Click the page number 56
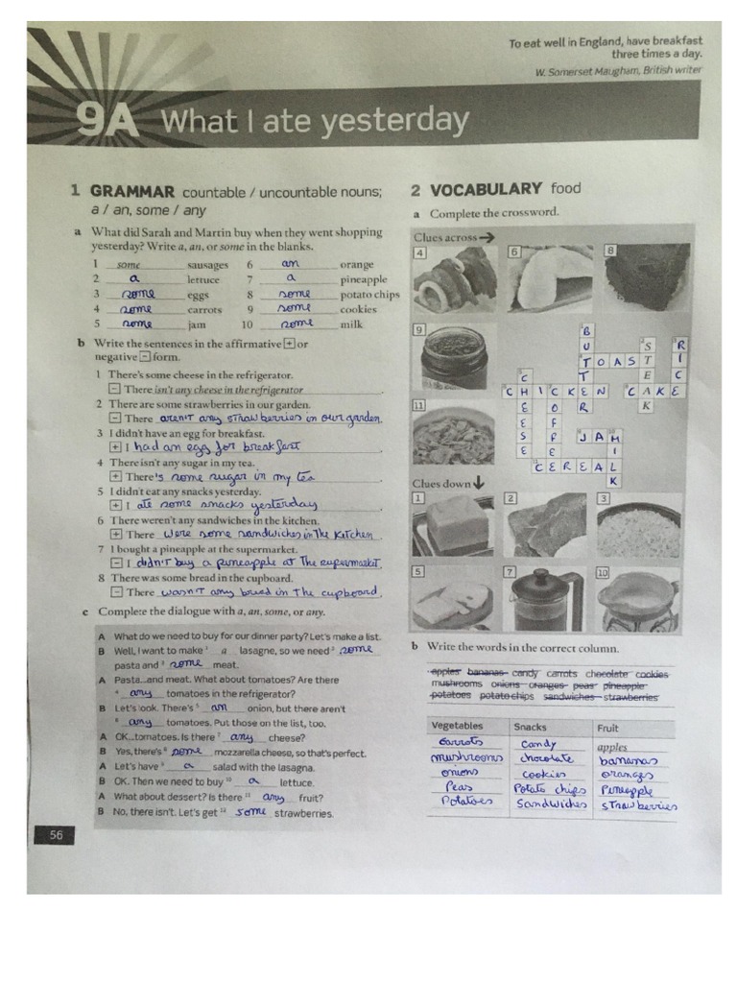[x=57, y=835]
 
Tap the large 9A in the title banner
[x=108, y=123]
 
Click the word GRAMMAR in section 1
[x=132, y=191]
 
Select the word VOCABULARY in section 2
[x=486, y=190]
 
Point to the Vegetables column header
[x=458, y=726]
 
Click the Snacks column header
[x=531, y=727]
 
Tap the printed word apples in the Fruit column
[x=612, y=746]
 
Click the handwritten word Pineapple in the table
[x=627, y=789]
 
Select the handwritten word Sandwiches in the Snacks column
[x=551, y=803]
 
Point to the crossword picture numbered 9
[x=453, y=356]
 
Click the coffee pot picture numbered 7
[x=545, y=600]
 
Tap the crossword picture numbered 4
[x=455, y=278]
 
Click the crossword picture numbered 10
[x=637, y=600]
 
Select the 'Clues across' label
[x=446, y=236]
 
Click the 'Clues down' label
[x=442, y=483]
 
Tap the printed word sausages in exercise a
[x=208, y=265]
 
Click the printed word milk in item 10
[x=351, y=324]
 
